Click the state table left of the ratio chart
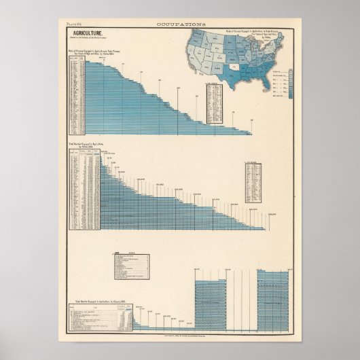76,95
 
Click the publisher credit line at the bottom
180,317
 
